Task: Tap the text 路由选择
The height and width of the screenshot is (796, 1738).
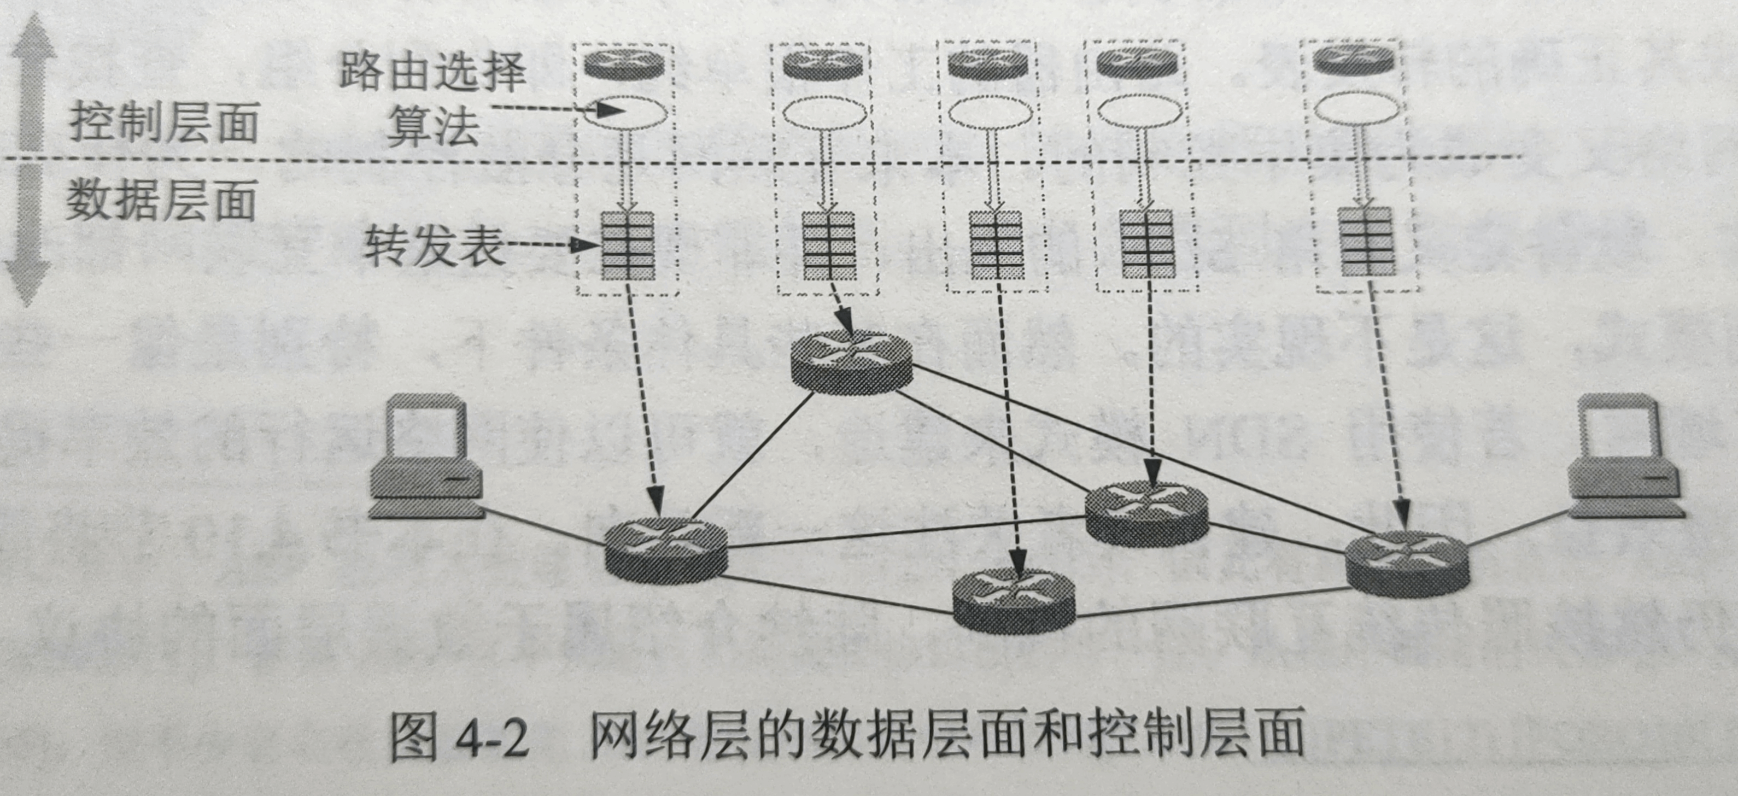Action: pyautogui.click(x=432, y=72)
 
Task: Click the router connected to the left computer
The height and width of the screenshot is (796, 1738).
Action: pyautogui.click(x=665, y=551)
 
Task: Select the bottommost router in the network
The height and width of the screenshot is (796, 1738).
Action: pyautogui.click(x=1014, y=600)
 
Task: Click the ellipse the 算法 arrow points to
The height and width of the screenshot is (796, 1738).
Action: pyautogui.click(x=625, y=112)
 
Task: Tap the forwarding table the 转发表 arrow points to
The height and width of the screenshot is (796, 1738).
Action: pyautogui.click(x=628, y=245)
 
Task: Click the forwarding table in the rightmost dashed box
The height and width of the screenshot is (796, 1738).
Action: pyautogui.click(x=1367, y=241)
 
